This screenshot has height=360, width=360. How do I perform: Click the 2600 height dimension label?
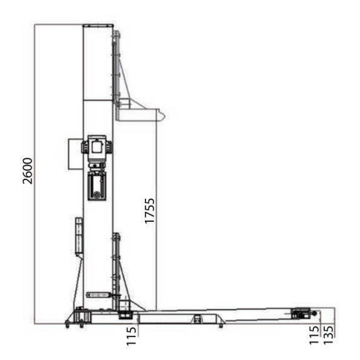(28, 171)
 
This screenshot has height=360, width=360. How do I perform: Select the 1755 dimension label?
(150, 211)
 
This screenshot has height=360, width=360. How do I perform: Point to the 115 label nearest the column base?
(131, 336)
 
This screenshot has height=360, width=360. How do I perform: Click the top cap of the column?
(98, 26)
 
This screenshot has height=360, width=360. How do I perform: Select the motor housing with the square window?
(97, 148)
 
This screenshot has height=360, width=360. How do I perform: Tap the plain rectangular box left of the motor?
(75, 154)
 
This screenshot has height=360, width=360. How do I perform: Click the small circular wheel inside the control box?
(96, 195)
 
